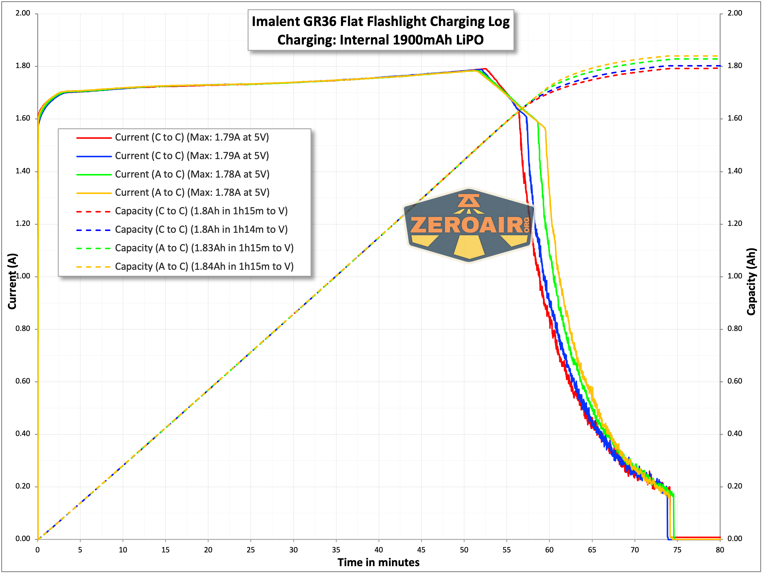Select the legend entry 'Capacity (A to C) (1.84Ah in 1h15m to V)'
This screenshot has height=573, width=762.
[x=204, y=266]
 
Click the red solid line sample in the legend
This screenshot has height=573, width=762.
[x=94, y=138]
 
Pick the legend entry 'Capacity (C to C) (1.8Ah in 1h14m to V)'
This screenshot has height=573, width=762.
[x=201, y=229]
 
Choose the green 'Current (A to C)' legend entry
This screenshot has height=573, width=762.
[x=192, y=174]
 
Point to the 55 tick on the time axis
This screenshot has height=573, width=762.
[x=506, y=549]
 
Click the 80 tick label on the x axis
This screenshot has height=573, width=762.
[x=720, y=549]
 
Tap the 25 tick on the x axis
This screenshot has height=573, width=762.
[x=250, y=549]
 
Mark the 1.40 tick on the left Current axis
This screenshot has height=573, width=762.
[x=23, y=171]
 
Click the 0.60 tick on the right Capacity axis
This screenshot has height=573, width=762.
[x=735, y=381]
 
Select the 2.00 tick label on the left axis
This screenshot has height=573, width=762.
[x=23, y=13]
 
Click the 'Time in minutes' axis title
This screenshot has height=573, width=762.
[x=378, y=562]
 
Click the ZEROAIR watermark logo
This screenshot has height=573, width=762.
[x=468, y=225]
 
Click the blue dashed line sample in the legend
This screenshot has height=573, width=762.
[x=94, y=230]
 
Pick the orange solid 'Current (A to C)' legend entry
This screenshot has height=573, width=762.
[x=192, y=192]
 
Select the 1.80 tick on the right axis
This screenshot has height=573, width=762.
[x=735, y=66]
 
